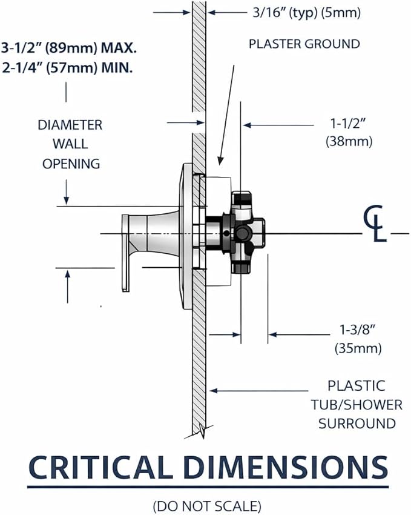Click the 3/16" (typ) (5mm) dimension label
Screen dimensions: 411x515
306,13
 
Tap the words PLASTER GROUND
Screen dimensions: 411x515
304,44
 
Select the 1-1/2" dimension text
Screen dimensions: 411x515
348,124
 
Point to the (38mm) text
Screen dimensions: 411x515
349,142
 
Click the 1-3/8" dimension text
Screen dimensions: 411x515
357,330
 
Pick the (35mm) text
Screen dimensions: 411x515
358,348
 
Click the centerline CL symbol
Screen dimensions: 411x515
375,224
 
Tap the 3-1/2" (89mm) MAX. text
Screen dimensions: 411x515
68,48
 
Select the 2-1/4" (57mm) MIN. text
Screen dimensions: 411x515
67,68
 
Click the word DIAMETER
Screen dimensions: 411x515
70,125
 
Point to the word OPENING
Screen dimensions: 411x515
71,164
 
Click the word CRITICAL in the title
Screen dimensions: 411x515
100,467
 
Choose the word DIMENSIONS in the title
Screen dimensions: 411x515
286,467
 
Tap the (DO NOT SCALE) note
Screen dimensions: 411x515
207,506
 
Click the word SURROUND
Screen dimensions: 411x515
357,424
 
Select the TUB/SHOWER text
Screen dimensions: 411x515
357,405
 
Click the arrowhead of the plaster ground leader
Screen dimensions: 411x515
220,161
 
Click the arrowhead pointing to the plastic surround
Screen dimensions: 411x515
214,391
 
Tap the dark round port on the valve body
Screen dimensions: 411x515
242,233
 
